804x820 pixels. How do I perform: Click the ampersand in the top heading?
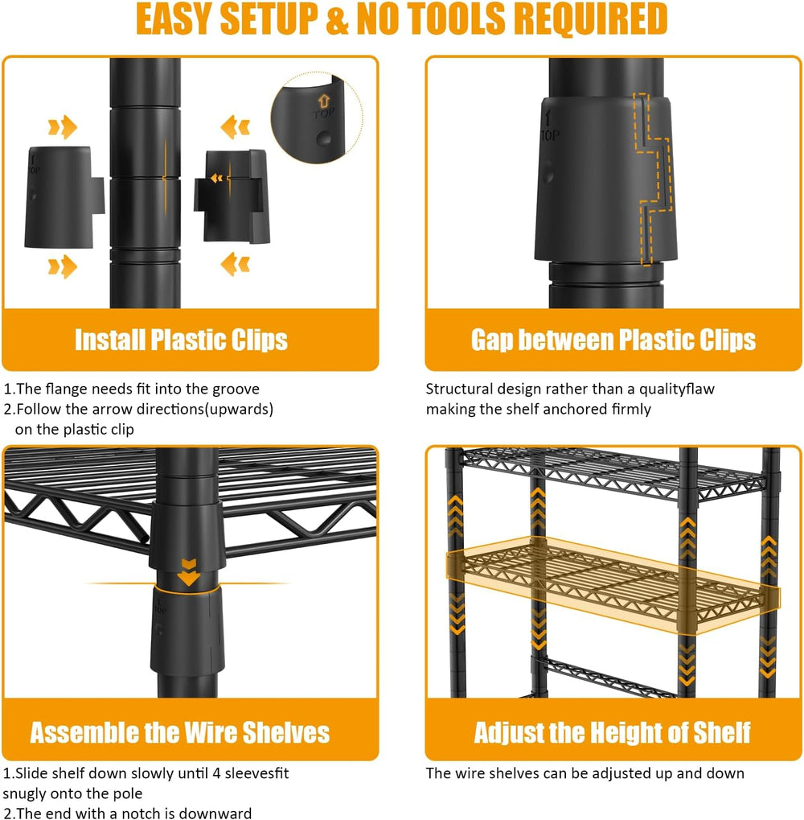pyautogui.click(x=336, y=19)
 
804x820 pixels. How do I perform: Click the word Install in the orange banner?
pyautogui.click(x=109, y=340)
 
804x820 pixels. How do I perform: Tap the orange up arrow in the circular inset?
pyautogui.click(x=324, y=101)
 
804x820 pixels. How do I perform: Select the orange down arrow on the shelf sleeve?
pyautogui.click(x=189, y=573)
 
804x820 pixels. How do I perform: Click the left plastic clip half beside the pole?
pyautogui.click(x=64, y=198)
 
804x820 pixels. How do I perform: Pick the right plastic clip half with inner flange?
pyautogui.click(x=232, y=196)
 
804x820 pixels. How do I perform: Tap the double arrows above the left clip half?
pyautogui.click(x=63, y=127)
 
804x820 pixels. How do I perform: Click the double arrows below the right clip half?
pyautogui.click(x=235, y=264)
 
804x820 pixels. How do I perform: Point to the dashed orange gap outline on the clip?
pyautogui.click(x=652, y=178)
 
